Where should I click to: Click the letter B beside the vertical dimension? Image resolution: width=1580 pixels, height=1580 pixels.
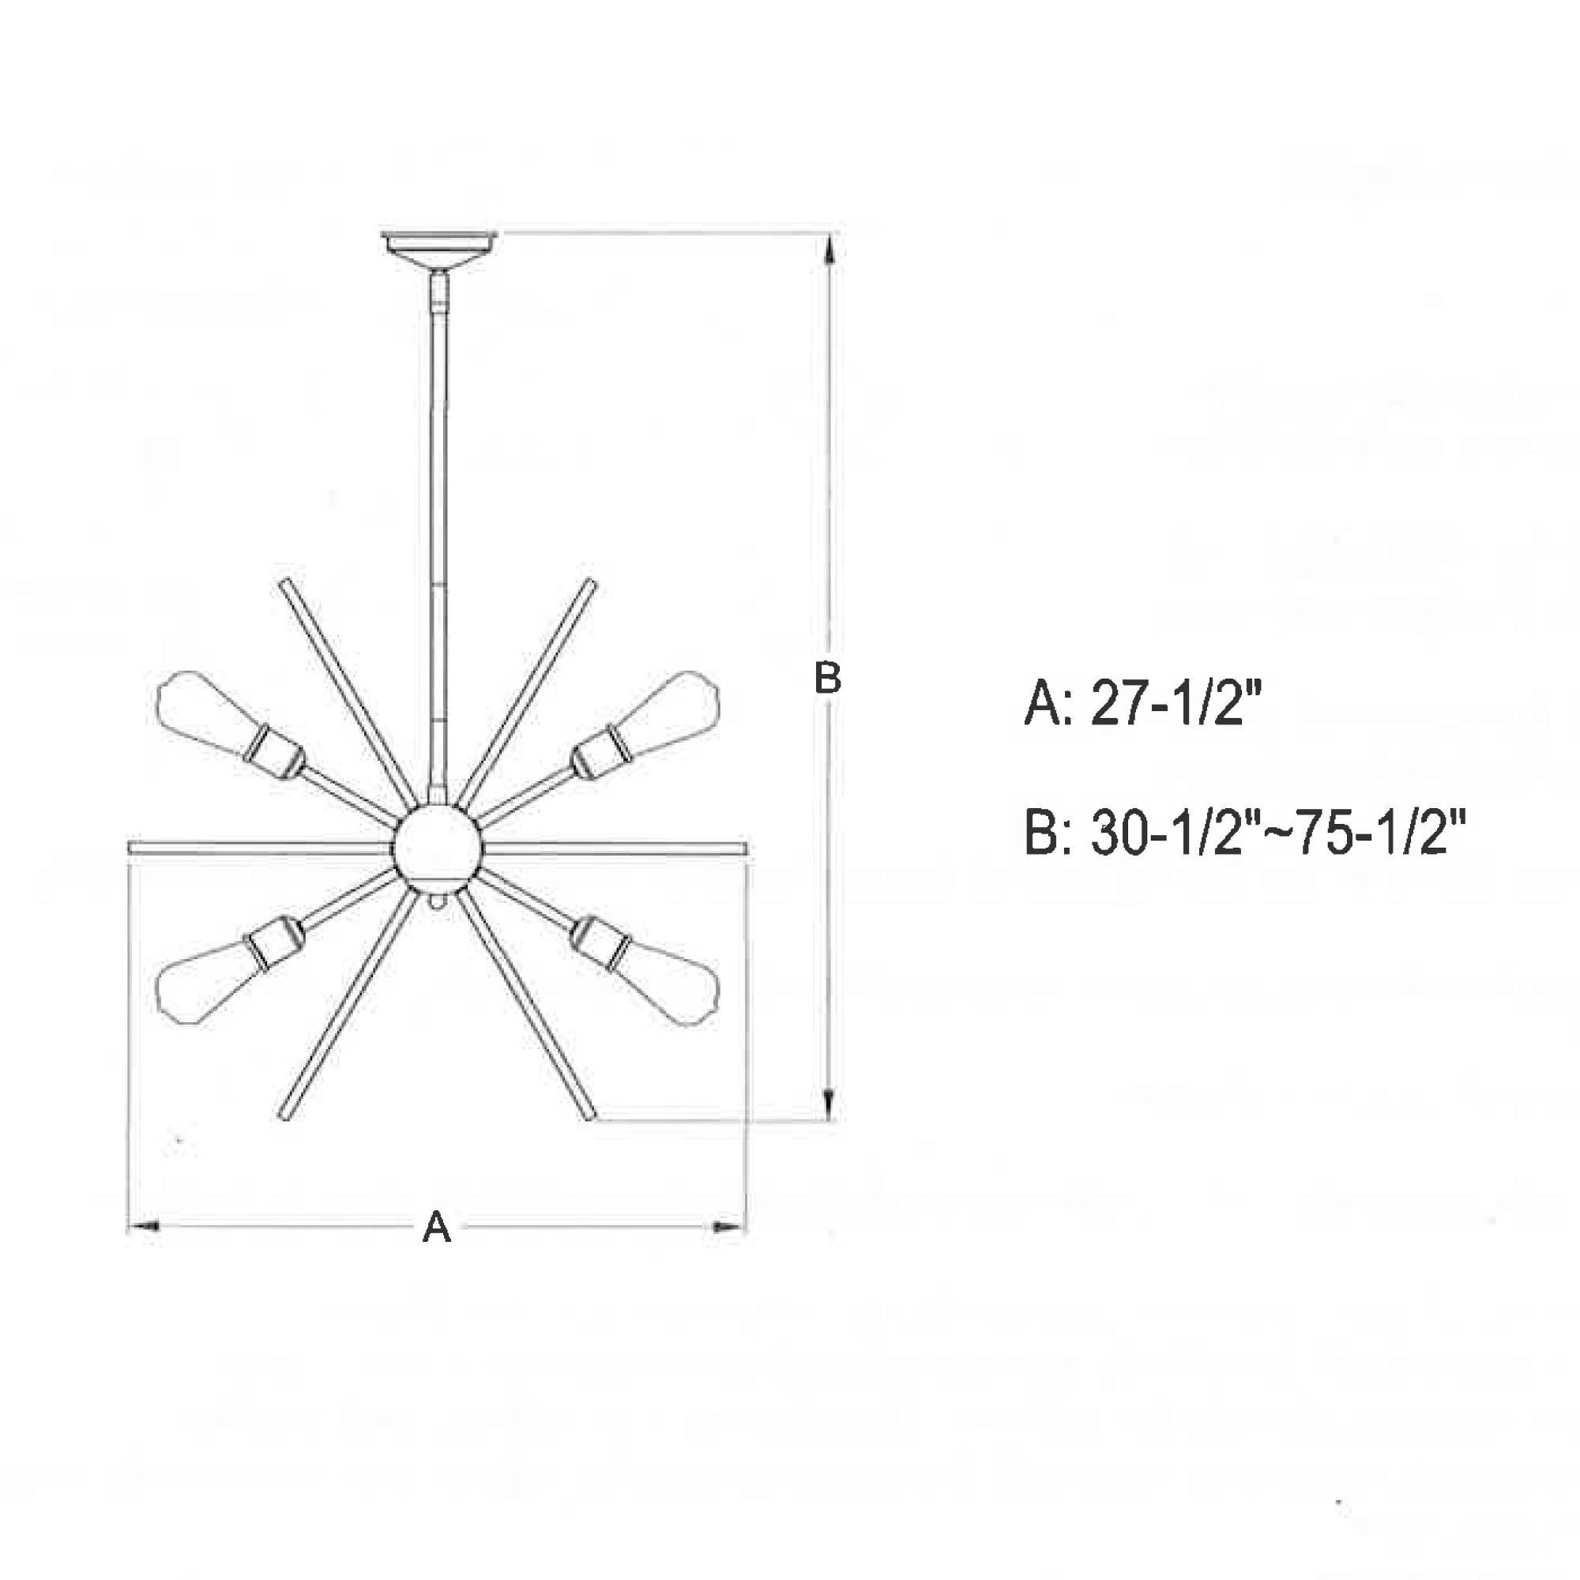click(828, 678)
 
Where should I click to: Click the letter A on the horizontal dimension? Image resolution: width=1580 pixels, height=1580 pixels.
click(437, 1227)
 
